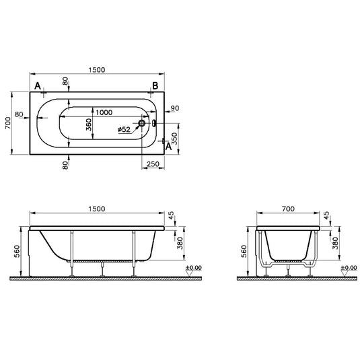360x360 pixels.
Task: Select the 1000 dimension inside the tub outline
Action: click(x=103, y=112)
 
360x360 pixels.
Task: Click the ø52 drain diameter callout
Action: click(x=124, y=129)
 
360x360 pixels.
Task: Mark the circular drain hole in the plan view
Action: click(x=143, y=124)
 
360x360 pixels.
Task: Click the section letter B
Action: click(x=155, y=85)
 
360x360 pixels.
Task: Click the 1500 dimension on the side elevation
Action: click(x=96, y=209)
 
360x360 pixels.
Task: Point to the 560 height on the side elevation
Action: click(x=16, y=251)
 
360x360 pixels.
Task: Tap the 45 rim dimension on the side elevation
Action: click(x=171, y=216)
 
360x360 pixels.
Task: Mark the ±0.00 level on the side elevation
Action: click(x=193, y=268)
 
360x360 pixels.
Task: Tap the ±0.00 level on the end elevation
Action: click(x=349, y=268)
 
